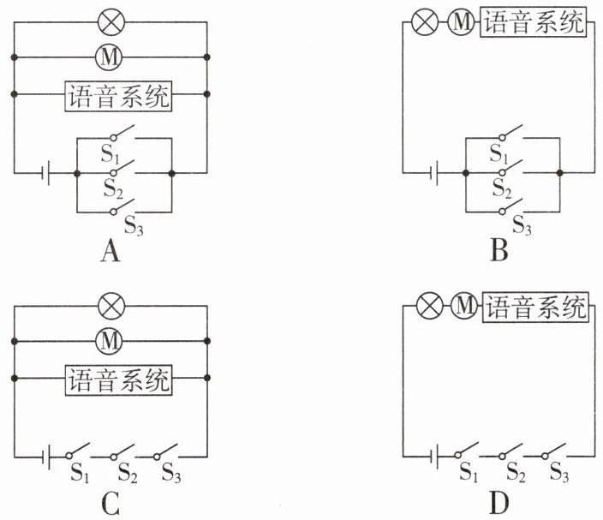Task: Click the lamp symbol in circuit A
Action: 110,21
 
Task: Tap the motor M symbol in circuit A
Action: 110,57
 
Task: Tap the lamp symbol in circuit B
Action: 425,21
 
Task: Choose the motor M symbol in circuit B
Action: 461,21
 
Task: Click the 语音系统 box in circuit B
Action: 534,21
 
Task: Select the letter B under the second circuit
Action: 500,251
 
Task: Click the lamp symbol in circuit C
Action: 110,305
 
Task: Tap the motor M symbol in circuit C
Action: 110,341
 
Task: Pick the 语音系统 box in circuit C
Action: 118,379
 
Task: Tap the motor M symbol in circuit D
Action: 463,305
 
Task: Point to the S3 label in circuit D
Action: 559,470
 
